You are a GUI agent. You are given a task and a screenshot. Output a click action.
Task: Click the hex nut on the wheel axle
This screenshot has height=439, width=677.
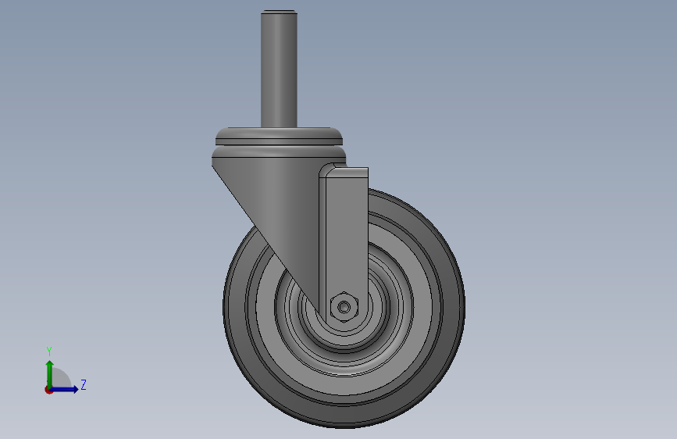344,307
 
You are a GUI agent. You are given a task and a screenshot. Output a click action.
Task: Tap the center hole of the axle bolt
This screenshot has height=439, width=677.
344,307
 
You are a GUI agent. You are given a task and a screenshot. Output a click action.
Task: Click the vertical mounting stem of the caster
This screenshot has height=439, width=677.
279,70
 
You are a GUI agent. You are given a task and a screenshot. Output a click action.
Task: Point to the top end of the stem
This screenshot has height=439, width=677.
279,11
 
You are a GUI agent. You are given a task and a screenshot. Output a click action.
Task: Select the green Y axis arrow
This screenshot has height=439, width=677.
50,375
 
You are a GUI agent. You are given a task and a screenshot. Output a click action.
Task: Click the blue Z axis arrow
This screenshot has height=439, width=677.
64,389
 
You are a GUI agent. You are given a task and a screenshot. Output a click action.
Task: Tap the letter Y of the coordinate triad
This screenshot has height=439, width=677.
49,352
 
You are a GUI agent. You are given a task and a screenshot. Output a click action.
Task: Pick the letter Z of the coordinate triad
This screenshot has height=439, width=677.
84,384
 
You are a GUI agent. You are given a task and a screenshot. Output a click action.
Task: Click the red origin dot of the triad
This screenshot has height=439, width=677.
48,390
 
